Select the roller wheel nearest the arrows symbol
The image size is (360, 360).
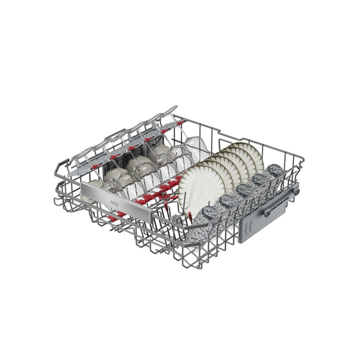pyautogui.click(x=267, y=211)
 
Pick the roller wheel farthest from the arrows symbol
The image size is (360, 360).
pyautogui.click(x=296, y=191)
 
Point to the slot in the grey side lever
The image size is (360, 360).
pyautogui.click(x=278, y=205)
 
